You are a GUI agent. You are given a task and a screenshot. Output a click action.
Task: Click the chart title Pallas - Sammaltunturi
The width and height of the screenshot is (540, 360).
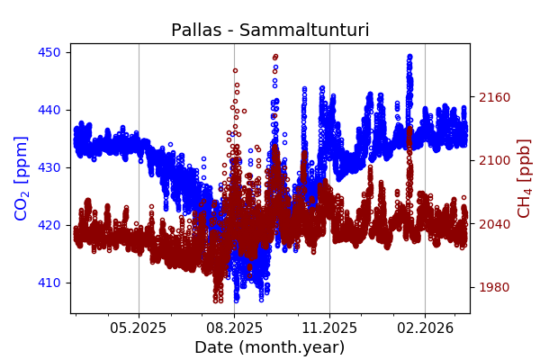270,31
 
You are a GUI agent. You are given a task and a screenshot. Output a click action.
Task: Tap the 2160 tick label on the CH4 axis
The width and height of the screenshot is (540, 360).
493,97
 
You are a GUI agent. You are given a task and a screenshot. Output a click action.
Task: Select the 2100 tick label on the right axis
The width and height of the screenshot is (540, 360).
493,160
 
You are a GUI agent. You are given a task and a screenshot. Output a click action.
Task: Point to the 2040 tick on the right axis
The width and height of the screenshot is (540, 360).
493,224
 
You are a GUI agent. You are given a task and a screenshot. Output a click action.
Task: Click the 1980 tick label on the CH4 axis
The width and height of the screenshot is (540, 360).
493,287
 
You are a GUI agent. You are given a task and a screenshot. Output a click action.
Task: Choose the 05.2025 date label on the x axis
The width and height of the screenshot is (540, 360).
139,328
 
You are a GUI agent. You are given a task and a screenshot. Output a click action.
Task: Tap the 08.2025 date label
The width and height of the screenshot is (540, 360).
234,328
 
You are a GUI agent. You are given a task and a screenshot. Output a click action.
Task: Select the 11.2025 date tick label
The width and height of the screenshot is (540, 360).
329,328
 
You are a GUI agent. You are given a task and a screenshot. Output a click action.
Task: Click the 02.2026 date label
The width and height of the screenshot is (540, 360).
425,328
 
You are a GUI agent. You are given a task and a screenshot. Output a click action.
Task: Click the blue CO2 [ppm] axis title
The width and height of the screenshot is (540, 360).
22,178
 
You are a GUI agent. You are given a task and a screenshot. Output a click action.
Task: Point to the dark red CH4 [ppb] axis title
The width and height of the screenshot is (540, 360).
524,178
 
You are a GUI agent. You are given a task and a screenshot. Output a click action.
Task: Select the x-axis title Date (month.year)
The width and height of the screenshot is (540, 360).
270,347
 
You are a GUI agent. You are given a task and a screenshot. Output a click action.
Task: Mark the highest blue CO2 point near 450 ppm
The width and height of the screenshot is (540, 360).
409,56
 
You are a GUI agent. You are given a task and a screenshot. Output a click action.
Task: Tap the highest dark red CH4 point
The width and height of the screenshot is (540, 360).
275,56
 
